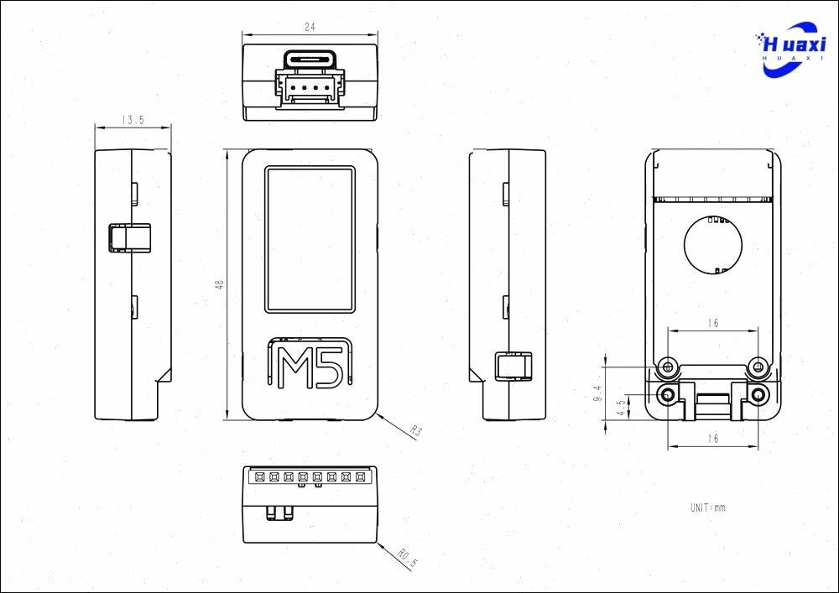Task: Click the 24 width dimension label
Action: tap(310, 27)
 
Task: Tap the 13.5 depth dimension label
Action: tap(133, 120)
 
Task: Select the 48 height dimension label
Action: tap(219, 284)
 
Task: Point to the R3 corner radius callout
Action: tap(416, 430)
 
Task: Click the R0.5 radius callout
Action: tap(408, 558)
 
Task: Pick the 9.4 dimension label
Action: tap(597, 393)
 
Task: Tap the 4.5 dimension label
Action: tap(621, 408)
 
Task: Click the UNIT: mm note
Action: tap(708, 507)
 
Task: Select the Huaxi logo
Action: tap(790, 49)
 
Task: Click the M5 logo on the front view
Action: tap(310, 362)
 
